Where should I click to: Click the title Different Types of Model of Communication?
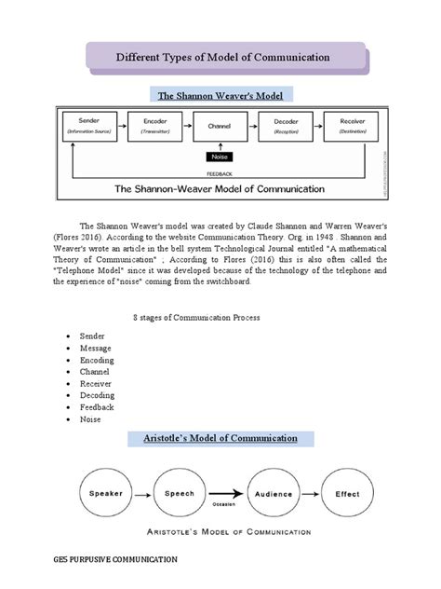(222, 58)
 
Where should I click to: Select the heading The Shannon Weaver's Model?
(220, 96)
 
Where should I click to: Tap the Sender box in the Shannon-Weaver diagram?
(88, 126)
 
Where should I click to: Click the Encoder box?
(154, 126)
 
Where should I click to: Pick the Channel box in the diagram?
(220, 126)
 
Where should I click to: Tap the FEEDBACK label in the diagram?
(220, 172)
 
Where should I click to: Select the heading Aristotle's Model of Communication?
(220, 437)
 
